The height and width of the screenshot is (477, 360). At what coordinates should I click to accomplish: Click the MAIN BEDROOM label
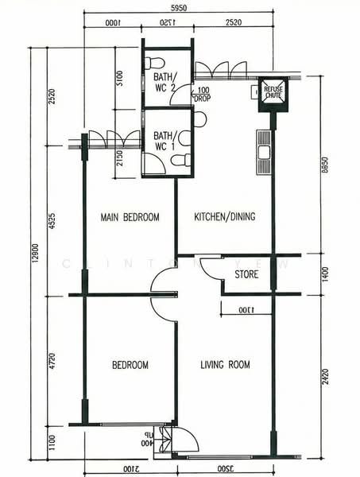(130, 217)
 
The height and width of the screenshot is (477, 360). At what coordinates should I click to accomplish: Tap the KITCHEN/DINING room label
(225, 217)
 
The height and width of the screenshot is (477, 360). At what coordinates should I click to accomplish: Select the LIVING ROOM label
(225, 365)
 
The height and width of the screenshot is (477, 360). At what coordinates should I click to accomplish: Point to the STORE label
(246, 275)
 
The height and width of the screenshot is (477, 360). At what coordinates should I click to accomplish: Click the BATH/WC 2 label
(165, 82)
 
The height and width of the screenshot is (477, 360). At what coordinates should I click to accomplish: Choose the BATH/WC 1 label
(165, 141)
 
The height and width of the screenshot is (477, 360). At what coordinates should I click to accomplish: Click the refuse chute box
(273, 92)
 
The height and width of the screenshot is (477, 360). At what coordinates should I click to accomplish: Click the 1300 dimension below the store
(246, 309)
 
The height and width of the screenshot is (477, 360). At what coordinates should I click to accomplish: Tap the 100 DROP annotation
(202, 94)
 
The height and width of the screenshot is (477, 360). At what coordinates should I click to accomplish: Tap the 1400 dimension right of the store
(324, 274)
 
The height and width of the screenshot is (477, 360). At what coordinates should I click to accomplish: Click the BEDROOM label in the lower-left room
(130, 365)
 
